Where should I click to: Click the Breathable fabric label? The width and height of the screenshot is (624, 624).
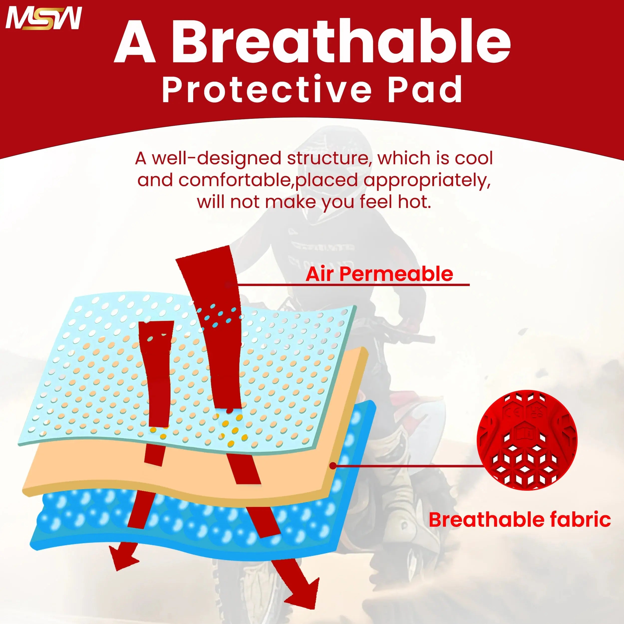click(520, 520)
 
